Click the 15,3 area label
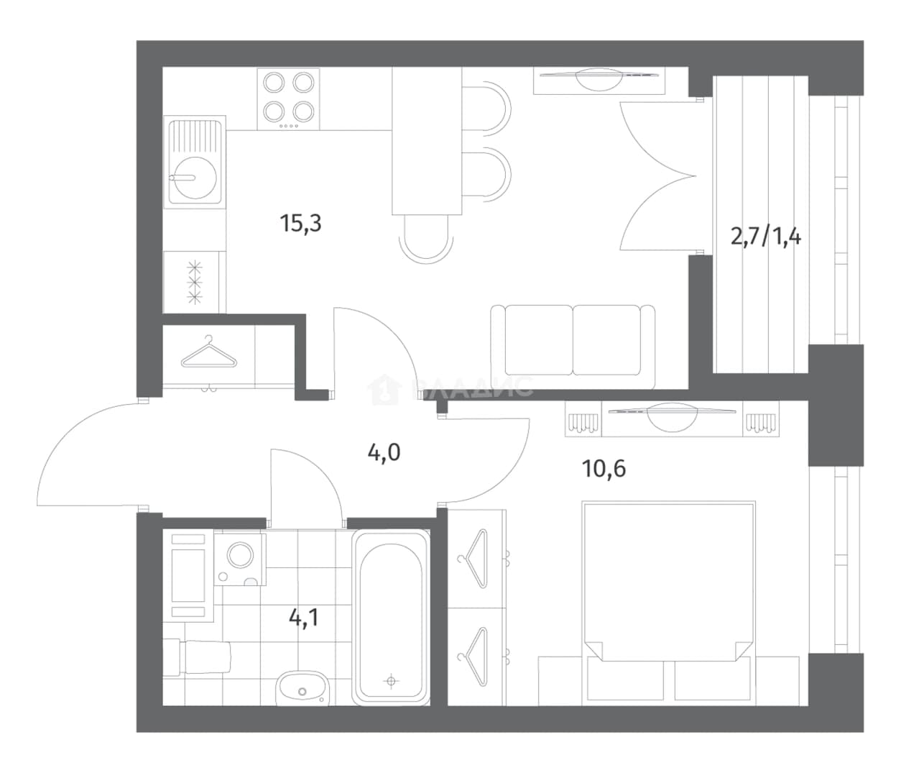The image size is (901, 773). [x=301, y=224]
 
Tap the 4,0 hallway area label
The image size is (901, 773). [x=384, y=453]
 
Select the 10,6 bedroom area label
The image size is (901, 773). [x=604, y=469]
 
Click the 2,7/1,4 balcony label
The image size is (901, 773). [x=766, y=237]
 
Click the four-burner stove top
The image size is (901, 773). [x=288, y=99]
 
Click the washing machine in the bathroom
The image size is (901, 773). [x=240, y=559]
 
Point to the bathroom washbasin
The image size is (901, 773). [x=302, y=688]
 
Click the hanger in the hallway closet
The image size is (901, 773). [x=209, y=352]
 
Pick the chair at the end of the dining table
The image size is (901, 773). [x=426, y=239]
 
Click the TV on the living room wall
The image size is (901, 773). [x=599, y=80]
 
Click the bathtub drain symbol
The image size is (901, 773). [x=391, y=680]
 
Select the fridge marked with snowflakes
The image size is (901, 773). [x=195, y=282]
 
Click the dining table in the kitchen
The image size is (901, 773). [x=426, y=142]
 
